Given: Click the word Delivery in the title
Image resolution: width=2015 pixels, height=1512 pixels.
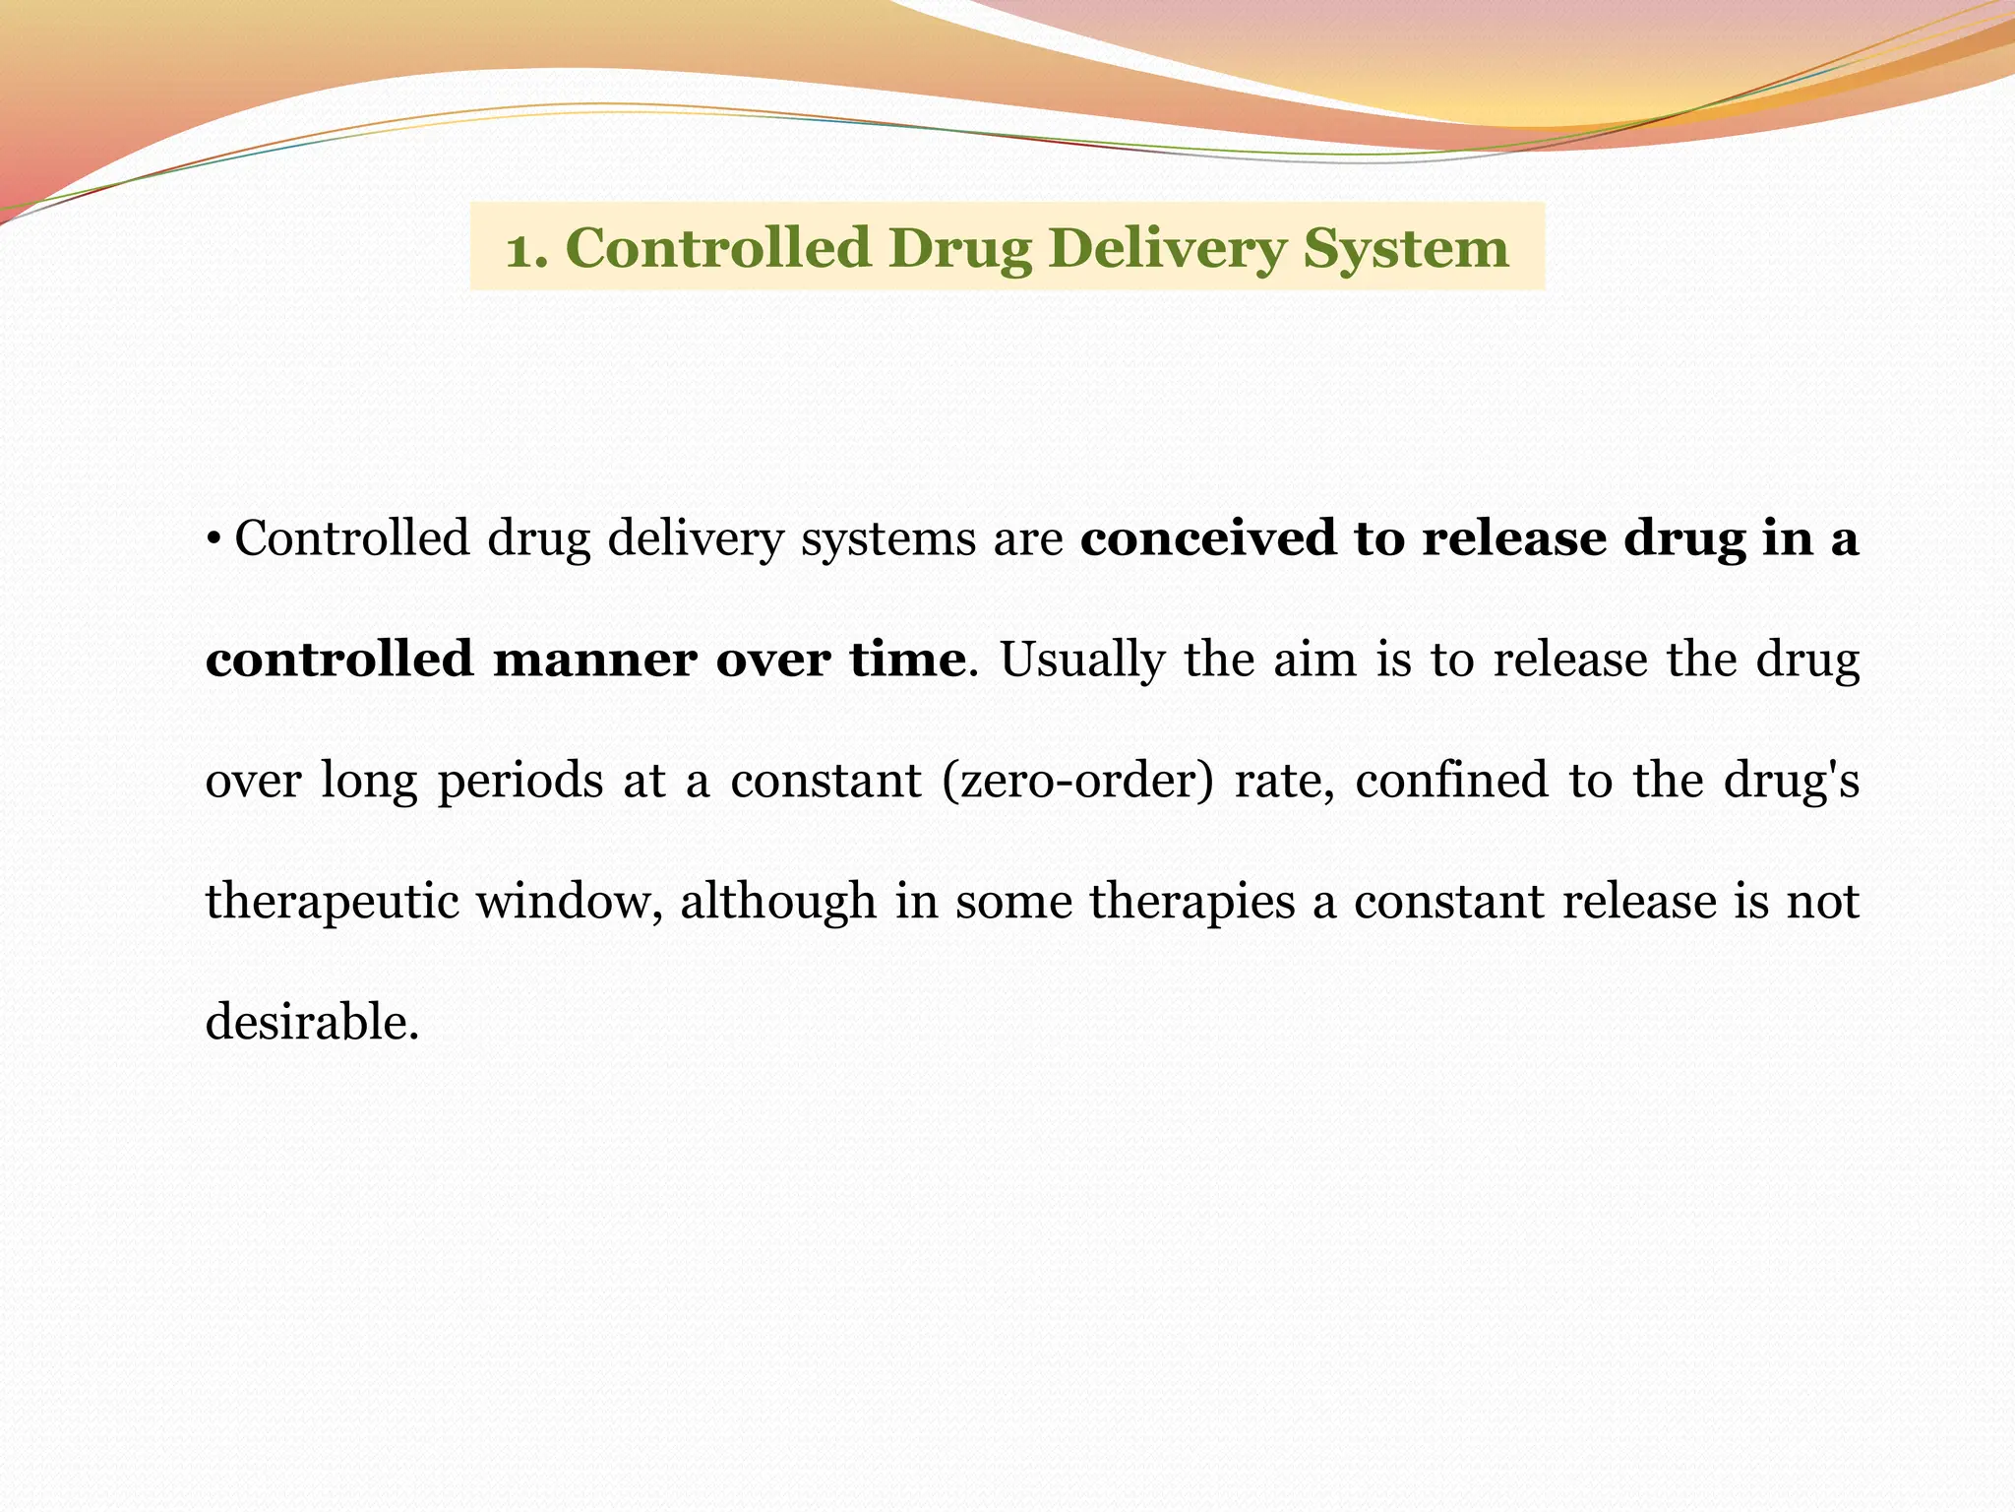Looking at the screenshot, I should coord(1166,249).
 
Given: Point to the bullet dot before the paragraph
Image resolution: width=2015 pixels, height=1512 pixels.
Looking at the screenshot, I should coord(214,538).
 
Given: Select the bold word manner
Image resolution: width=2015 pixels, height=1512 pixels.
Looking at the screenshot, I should coord(594,659).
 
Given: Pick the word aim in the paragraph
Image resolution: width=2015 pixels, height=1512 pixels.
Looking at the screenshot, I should coord(1314,659).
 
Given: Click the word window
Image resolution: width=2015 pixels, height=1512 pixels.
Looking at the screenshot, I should coord(570,902).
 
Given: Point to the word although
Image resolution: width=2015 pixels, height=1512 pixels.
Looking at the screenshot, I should coord(778,902).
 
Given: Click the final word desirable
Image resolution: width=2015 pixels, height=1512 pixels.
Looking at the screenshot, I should coord(312,1022).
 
